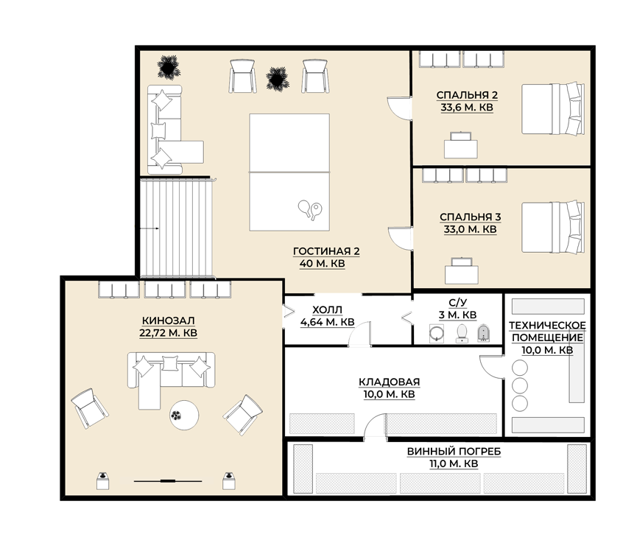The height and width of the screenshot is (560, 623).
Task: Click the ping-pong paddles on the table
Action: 310,209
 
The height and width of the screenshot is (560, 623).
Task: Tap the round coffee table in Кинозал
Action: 184,415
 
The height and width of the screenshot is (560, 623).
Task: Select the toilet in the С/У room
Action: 462,333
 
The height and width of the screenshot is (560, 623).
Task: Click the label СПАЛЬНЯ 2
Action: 467,95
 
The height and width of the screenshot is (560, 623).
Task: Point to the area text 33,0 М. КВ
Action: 470,229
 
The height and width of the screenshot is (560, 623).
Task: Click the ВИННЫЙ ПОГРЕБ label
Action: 454,452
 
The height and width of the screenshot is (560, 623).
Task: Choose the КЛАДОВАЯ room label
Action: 389,382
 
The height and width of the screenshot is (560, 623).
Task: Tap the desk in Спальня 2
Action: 461,145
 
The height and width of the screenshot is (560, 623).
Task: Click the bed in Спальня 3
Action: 553,227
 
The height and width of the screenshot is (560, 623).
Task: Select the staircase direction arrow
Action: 149,228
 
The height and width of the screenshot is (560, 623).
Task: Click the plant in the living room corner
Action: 169,67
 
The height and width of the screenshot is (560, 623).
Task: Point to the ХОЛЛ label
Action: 327,309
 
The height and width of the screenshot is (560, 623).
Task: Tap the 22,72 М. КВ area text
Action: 168,332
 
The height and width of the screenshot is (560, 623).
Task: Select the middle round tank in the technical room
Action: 520,385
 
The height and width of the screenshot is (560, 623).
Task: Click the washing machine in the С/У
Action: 437,333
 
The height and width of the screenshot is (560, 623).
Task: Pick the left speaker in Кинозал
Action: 103,481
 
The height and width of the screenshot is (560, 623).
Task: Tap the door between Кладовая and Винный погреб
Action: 376,426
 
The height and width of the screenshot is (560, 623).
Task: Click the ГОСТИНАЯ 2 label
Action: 326,251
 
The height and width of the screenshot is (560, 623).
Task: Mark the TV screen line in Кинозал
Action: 168,481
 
